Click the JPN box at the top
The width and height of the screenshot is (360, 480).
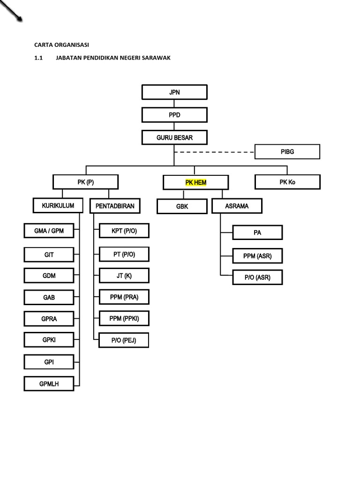tap(174, 92)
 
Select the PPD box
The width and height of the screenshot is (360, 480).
tap(174, 115)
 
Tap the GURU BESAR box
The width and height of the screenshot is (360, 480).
tap(174, 138)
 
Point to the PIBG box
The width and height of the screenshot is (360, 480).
tap(287, 152)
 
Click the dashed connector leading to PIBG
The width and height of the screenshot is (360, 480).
tap(214, 152)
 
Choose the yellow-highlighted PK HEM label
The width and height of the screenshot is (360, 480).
tap(195, 182)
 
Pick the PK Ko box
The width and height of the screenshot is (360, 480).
tap(287, 182)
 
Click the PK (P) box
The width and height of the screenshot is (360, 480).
tap(85, 182)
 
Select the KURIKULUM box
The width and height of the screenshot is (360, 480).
tap(58, 205)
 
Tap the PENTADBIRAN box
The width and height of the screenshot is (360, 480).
tap(115, 206)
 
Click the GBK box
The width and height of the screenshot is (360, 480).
tap(182, 206)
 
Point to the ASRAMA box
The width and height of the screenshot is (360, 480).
tap(237, 206)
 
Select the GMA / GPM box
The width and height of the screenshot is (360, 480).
tap(49, 231)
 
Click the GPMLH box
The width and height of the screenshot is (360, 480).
tap(49, 384)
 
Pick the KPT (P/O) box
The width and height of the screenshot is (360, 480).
tap(124, 231)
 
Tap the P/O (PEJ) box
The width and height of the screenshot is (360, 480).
tap(124, 340)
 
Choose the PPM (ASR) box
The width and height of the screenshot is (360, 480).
tap(257, 256)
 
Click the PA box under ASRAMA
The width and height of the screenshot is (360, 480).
tap(257, 232)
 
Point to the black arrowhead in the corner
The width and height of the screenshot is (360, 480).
tap(19, 19)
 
